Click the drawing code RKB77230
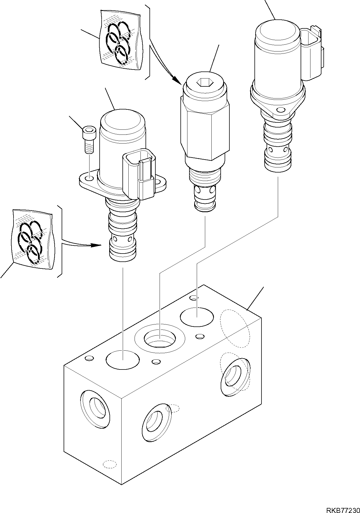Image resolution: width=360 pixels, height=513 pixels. (x=343, y=508)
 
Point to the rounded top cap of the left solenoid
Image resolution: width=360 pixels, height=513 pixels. (x=122, y=121)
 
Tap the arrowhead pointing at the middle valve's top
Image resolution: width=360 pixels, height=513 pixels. (x=178, y=82)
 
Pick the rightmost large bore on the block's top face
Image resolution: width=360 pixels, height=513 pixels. (x=197, y=317)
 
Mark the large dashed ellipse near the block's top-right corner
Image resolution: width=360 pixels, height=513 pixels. (x=235, y=328)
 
